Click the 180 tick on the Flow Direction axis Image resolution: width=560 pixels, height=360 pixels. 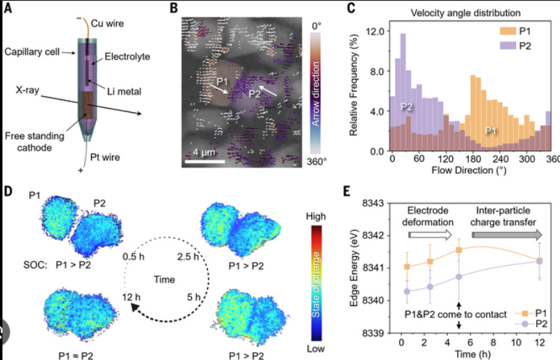(477, 159)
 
